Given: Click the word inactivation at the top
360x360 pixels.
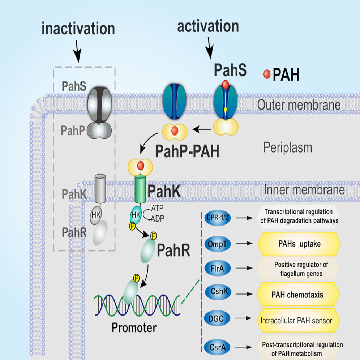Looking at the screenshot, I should point(78,29).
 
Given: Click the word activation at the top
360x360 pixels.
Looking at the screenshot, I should point(208,27).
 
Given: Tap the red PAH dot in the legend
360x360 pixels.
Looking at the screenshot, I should point(267,74).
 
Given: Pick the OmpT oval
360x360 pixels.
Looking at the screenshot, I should point(217,244).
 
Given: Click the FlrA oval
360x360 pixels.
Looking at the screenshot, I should point(217,268).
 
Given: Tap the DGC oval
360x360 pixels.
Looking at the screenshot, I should point(217,318).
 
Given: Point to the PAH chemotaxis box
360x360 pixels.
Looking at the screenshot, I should point(299,295).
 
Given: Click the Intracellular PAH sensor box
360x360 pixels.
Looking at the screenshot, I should point(299,320).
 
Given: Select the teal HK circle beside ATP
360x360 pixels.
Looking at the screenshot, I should point(136,215).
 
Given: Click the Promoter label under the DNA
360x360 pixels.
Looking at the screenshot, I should point(134,328).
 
